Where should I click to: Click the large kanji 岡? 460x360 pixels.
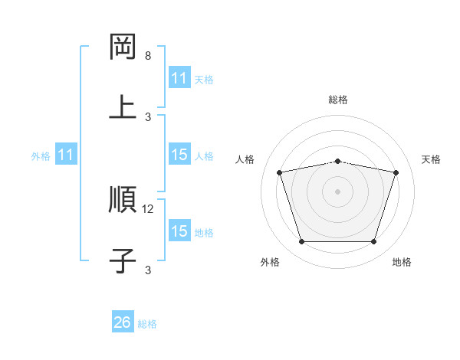coord(123,47)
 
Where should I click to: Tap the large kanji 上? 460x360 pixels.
coord(123,107)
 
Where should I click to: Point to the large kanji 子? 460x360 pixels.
coord(123,260)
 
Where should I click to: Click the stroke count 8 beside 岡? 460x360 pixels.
coord(148,56)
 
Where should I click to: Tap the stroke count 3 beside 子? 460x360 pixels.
coord(148,270)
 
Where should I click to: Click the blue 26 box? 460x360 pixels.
coord(123,322)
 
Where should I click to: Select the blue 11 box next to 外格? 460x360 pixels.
coord(66,155)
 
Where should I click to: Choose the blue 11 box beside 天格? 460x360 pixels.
coord(179,78)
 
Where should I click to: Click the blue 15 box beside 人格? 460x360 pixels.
coord(179,155)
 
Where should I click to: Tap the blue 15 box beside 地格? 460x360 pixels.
coord(179,231)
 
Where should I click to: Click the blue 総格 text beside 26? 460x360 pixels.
coord(148,324)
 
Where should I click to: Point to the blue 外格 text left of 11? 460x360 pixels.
coord(41,156)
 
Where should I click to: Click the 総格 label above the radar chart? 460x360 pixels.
coord(338,100)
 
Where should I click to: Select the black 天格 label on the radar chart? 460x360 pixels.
coord(432,159)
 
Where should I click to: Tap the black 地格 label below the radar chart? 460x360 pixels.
coord(402,263)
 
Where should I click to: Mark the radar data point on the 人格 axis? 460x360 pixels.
coord(280,172)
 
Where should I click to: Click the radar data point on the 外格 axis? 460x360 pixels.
coord(301,242)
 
